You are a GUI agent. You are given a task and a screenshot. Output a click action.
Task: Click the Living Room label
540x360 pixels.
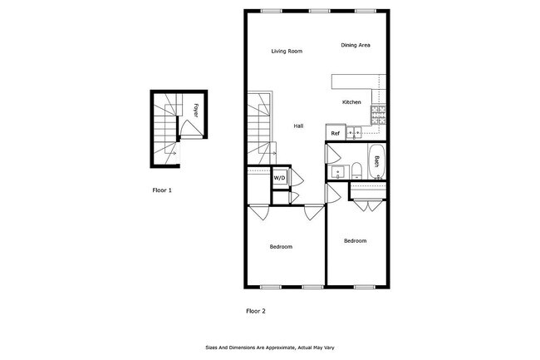(x=287, y=52)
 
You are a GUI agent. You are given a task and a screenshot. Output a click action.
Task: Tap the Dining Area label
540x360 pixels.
(x=355, y=45)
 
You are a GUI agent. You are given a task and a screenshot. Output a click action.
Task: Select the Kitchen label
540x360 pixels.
(x=352, y=102)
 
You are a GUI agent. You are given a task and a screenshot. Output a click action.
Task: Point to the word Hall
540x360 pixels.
(x=298, y=126)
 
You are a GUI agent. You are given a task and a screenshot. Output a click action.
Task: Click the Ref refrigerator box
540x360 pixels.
(x=336, y=133)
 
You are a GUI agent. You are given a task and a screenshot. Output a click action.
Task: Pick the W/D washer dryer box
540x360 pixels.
(x=279, y=177)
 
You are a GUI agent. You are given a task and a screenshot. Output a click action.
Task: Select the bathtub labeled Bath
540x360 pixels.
(x=374, y=161)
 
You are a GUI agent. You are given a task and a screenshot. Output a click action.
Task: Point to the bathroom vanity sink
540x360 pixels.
(x=337, y=173)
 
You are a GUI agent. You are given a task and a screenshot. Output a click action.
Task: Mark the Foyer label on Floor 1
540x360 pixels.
(x=195, y=108)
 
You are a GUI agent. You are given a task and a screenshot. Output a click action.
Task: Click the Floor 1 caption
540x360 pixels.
(x=162, y=190)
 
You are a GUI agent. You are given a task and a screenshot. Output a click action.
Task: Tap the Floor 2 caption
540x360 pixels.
(x=255, y=311)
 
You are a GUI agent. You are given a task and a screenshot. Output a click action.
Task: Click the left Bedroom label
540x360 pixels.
(x=280, y=247)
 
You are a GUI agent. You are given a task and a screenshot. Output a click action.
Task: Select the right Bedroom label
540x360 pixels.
(x=355, y=241)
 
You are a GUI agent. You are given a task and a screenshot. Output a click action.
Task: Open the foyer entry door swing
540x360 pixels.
(x=189, y=128)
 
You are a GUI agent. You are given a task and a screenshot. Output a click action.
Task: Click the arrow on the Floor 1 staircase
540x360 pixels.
(x=171, y=153)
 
